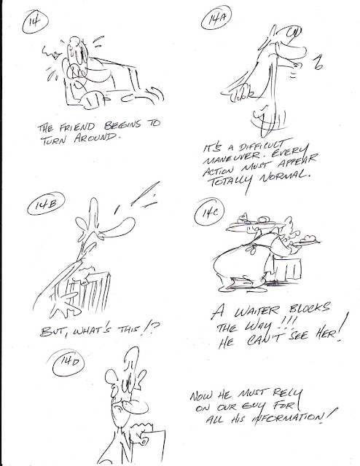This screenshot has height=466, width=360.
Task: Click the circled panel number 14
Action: [x=35, y=21]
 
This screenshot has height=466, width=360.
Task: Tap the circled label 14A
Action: [x=216, y=18]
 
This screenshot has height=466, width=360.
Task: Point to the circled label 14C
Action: [x=209, y=212]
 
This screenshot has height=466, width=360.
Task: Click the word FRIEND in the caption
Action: [x=77, y=127]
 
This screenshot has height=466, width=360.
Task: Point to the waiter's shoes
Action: [x=245, y=283]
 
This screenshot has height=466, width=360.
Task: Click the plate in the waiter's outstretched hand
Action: [x=307, y=241]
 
